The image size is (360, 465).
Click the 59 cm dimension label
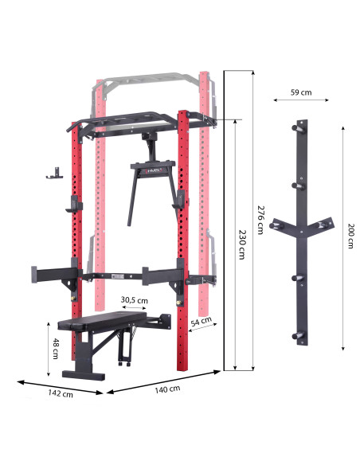pyautogui.click(x=300, y=92)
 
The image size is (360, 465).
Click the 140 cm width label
pyautogui.click(x=167, y=389)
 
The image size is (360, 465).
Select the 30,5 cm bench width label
pyautogui.click(x=134, y=300)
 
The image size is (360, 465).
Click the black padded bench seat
pyautogui.click(x=104, y=322)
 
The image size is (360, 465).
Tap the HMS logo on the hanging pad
pyautogui.click(x=153, y=169)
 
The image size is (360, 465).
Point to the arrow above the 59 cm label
pyautogui.click(x=300, y=101)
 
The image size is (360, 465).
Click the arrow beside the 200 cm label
pyautogui.click(x=342, y=236)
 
